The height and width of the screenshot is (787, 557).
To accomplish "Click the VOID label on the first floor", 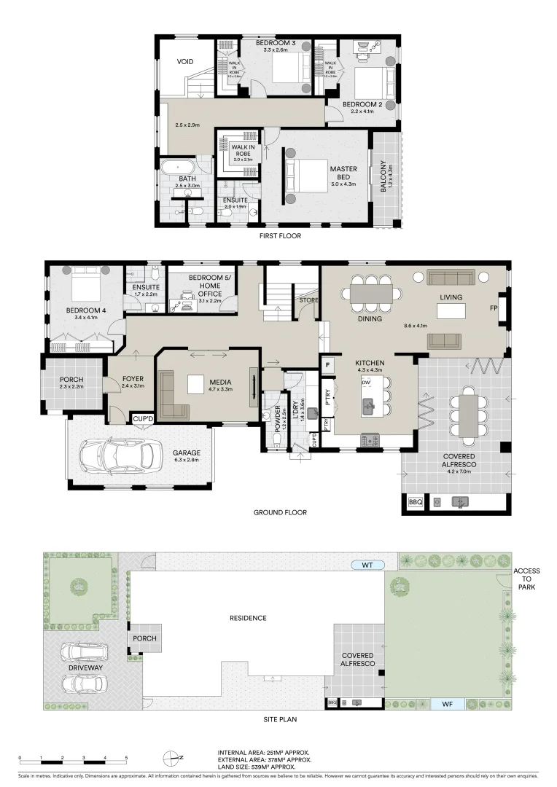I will [184, 62].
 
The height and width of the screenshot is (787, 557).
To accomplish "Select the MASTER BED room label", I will [343, 173].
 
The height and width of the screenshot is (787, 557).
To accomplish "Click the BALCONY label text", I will [383, 177].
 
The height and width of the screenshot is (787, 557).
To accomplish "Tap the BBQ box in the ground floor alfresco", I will [415, 502].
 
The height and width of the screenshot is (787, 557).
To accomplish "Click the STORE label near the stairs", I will [306, 299].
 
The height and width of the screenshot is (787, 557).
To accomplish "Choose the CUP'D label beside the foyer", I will [142, 418].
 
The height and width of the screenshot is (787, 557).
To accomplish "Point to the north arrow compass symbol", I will [172, 758].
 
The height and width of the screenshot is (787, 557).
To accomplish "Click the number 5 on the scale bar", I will [126, 759].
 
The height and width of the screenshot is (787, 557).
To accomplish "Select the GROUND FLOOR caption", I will [280, 512].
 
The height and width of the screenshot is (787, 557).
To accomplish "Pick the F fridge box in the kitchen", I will [328, 365].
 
